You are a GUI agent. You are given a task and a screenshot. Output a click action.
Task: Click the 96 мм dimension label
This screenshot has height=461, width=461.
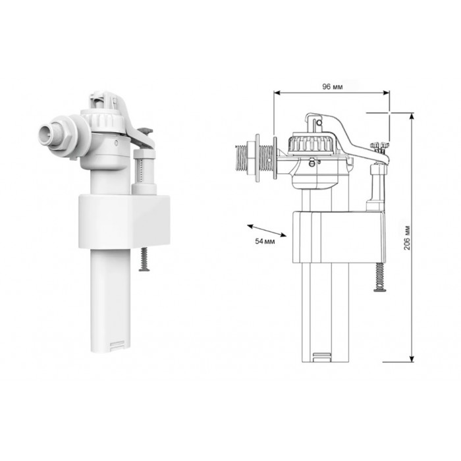pyautogui.click(x=332, y=86)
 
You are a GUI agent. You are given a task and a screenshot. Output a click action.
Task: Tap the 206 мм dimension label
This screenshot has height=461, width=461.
pyautogui.click(x=407, y=238)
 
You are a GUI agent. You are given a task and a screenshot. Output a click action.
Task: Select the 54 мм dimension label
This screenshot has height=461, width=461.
pyautogui.click(x=265, y=242)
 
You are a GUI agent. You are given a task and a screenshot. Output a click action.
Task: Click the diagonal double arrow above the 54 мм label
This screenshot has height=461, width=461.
pyautogui.click(x=267, y=230)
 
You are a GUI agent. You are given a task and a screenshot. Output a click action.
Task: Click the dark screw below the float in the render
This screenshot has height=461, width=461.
pyautogui.click(x=144, y=259)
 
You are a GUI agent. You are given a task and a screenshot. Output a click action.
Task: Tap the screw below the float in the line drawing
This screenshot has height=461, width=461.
pyautogui.click(x=379, y=277)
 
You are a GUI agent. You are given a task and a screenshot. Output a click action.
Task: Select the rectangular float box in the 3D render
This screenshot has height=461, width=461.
pyautogui.click(x=124, y=221)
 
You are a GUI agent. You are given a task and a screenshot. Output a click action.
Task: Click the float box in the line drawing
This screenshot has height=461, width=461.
pyautogui.click(x=339, y=237)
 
